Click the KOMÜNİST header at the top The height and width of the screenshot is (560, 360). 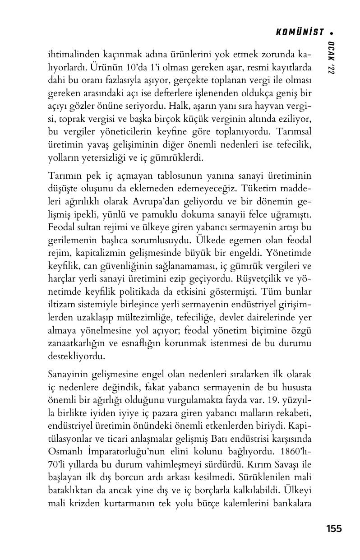click(300, 32)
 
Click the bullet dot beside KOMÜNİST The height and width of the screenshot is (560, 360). click(332, 32)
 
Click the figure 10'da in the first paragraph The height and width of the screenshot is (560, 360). click(134, 68)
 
